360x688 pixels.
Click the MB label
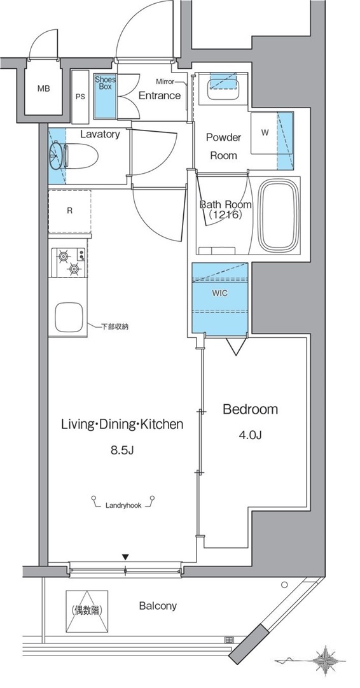tap(43, 88)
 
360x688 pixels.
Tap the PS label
tap(80, 97)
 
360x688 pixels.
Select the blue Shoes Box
tap(106, 97)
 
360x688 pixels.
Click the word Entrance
tap(160, 95)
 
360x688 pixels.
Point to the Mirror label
tap(165, 81)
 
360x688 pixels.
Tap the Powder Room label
tap(224, 146)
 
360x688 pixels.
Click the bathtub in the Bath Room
tap(279, 219)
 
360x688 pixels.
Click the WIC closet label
tap(220, 293)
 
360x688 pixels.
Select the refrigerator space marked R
tap(70, 211)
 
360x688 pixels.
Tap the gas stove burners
tap(69, 262)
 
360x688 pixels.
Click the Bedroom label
tap(251, 409)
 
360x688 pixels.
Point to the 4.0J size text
tap(251, 435)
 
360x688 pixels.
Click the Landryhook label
tap(123, 505)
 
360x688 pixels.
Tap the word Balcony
tap(158, 606)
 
